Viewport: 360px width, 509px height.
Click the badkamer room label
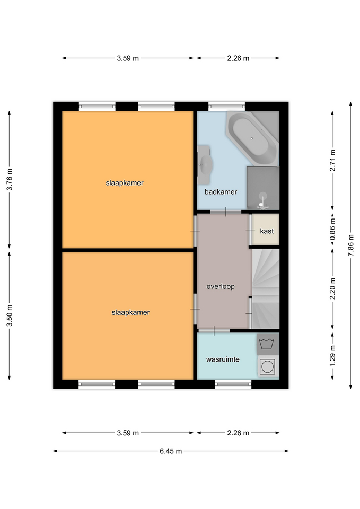coord(221,192)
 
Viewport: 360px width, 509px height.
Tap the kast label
coord(267,231)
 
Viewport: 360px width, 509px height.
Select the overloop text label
coord(221,287)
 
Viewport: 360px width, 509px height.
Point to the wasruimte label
coord(223,359)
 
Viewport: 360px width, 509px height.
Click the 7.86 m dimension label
coord(351,245)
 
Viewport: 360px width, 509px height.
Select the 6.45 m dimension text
coord(171,451)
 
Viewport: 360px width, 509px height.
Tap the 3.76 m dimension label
coord(10,180)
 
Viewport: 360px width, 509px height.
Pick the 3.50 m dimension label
coord(10,315)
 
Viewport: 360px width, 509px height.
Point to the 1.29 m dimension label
coord(333,355)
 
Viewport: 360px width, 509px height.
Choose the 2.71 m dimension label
coord(333,160)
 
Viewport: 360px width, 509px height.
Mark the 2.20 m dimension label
coord(333,289)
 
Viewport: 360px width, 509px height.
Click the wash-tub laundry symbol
coord(267,344)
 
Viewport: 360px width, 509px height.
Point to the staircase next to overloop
coord(266,289)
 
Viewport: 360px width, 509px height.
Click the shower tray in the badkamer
coord(263,188)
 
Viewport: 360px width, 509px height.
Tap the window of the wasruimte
coord(233,384)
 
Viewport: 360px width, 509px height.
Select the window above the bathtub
coord(226,106)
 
